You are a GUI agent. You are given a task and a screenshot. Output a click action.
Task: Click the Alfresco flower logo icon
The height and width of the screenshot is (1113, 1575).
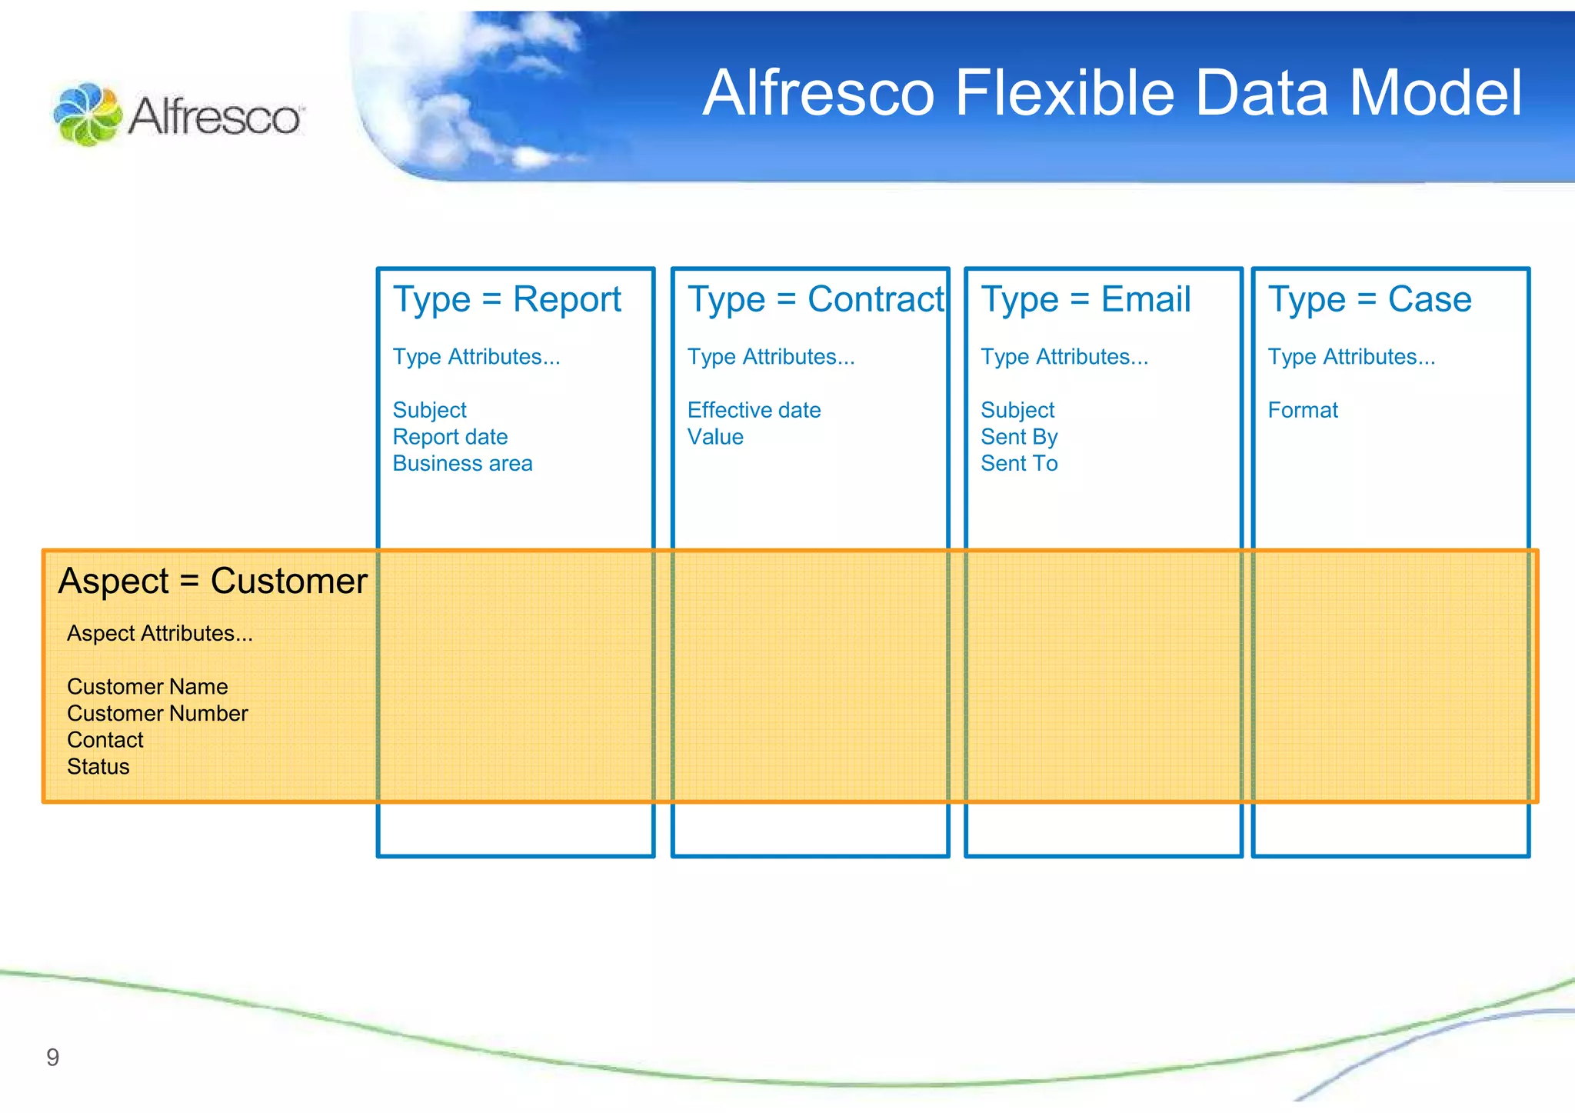click(x=87, y=115)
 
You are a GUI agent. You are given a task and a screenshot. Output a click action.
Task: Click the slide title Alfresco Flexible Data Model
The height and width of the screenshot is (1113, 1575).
click(x=1111, y=93)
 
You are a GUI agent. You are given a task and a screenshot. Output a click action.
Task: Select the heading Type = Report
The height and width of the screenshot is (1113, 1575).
click(x=507, y=299)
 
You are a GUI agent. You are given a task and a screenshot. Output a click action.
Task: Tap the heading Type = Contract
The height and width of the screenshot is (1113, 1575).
click(x=814, y=299)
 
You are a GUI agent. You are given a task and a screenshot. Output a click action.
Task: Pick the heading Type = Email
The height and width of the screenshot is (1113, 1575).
click(x=1085, y=299)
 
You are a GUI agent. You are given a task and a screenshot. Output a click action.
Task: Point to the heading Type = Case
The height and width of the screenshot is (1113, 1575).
click(x=1369, y=299)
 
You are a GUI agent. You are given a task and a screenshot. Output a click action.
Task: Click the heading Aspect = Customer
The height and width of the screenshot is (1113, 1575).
click(x=213, y=581)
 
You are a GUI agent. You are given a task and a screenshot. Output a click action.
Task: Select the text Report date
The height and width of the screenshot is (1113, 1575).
click(x=450, y=437)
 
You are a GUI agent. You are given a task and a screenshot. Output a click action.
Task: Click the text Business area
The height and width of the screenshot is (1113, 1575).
click(x=462, y=464)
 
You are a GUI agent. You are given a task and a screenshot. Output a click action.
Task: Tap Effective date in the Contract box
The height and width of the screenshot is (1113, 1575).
click(x=754, y=410)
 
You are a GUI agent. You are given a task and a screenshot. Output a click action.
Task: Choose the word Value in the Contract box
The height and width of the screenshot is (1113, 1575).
click(x=715, y=437)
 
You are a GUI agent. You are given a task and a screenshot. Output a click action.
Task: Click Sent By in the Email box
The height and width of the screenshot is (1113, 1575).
click(x=1019, y=437)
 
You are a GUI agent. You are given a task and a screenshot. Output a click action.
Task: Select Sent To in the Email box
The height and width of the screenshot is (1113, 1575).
click(x=1019, y=464)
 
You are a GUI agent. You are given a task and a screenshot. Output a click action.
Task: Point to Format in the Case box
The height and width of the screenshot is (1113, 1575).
click(x=1302, y=410)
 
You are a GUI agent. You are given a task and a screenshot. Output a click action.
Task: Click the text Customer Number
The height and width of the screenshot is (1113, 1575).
click(x=157, y=713)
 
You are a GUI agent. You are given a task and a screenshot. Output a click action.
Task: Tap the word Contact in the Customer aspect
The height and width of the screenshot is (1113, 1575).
click(x=105, y=740)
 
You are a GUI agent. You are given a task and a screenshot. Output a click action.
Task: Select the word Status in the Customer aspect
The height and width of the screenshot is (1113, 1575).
click(x=98, y=767)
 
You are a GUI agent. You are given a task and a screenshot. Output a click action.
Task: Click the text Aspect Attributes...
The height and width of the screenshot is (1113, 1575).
click(x=159, y=633)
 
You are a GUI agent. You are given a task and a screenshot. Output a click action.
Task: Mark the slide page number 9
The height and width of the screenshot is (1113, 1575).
click(x=52, y=1058)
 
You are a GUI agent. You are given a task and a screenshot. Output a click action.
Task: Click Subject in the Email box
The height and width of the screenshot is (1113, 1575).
click(x=1017, y=410)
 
